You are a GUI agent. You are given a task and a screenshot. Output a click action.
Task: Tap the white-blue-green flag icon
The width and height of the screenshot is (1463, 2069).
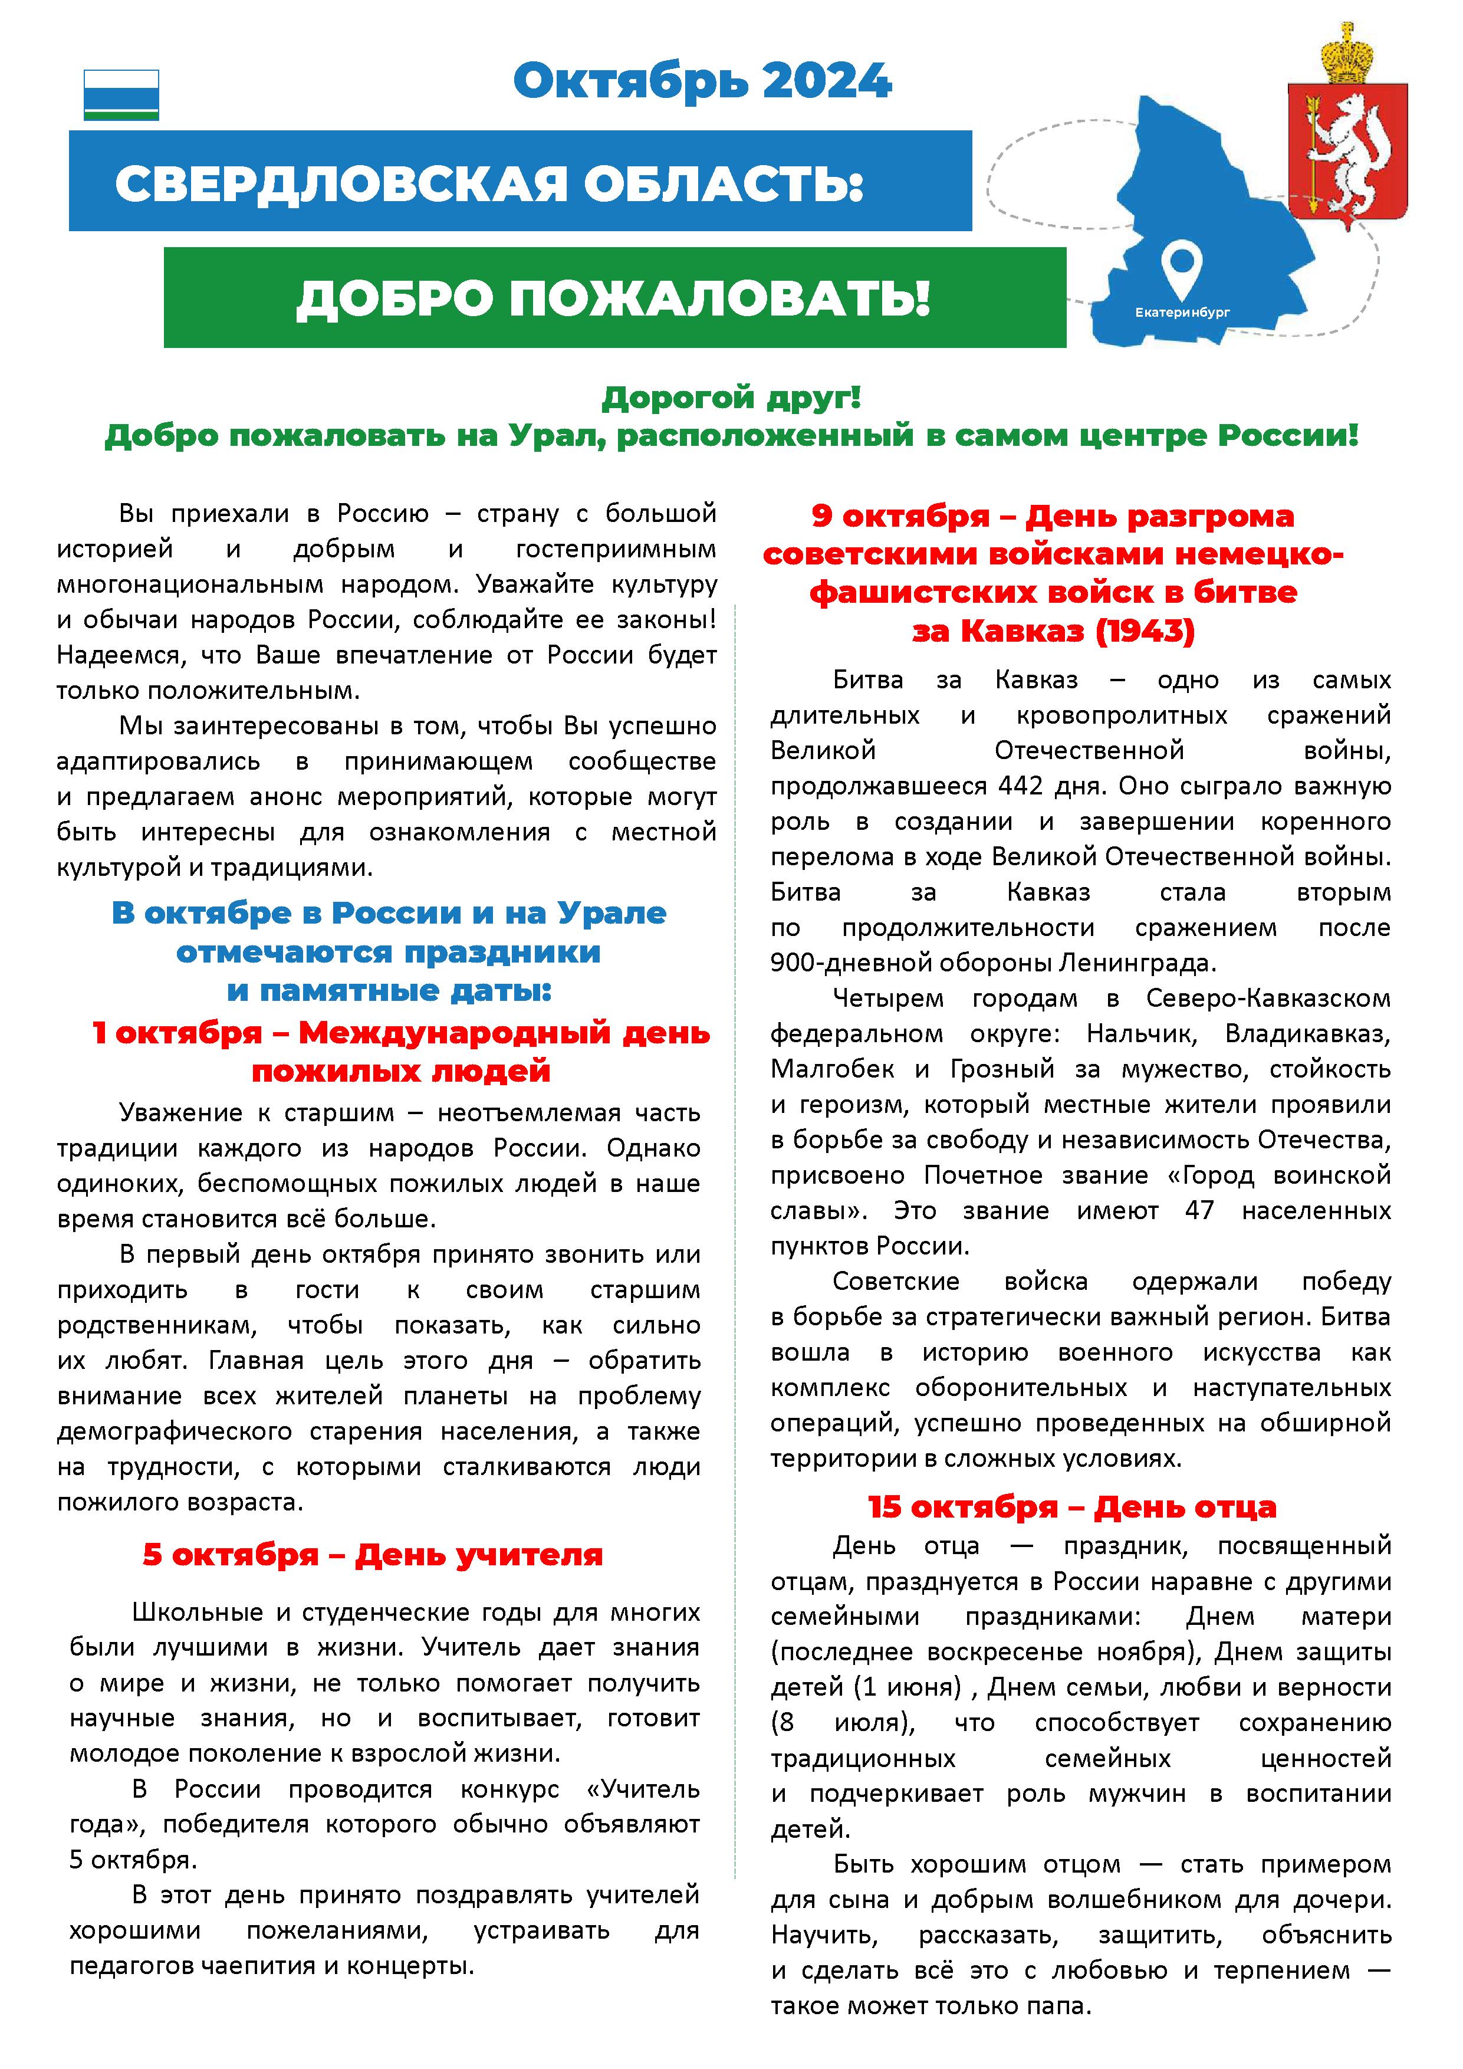[121, 94]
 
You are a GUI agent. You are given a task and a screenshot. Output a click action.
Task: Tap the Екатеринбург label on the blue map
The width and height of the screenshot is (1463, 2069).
[1181, 313]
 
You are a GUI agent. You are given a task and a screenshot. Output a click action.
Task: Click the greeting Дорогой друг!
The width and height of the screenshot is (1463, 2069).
[731, 398]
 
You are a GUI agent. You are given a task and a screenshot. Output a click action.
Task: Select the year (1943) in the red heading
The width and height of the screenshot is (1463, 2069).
[1144, 631]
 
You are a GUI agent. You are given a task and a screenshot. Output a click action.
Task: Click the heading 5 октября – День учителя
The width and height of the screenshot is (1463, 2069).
[372, 1555]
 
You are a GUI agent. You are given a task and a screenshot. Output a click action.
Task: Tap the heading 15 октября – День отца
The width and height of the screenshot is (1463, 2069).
[1072, 1508]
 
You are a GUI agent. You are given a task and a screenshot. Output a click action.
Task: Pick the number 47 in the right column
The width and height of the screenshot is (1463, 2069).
[1199, 1210]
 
